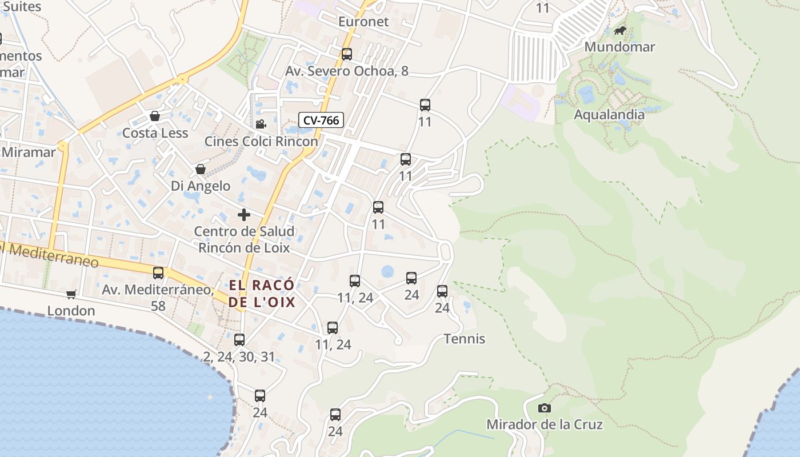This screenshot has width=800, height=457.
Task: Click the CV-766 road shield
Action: coord(321,120)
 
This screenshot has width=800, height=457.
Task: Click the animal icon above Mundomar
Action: coord(619,30)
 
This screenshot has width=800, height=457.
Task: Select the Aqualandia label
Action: coord(609,114)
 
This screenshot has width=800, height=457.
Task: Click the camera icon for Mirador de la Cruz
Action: coord(545,408)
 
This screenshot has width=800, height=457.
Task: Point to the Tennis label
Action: coord(465,339)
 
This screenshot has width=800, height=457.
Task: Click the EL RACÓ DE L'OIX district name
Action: coord(262,294)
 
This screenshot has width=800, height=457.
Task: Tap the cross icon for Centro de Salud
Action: coord(244,215)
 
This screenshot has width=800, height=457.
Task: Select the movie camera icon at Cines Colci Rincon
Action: coord(261,124)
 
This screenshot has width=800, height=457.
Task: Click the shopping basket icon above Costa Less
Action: coord(154,117)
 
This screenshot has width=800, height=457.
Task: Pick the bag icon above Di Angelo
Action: coord(201,169)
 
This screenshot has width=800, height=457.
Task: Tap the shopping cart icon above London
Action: coord(71,294)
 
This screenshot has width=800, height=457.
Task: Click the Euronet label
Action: coord(363,22)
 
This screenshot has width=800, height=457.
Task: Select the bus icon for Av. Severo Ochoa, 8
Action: coord(347,54)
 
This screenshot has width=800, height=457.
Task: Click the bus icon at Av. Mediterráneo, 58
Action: coord(158,273)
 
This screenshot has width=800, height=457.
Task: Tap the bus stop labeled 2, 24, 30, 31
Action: coord(239,340)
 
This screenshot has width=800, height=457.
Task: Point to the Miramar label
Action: coord(29,152)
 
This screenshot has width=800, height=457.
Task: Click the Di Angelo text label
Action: coord(201,186)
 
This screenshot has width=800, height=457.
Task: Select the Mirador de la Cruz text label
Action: coord(544,424)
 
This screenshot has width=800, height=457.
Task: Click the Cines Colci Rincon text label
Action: coord(261,141)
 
